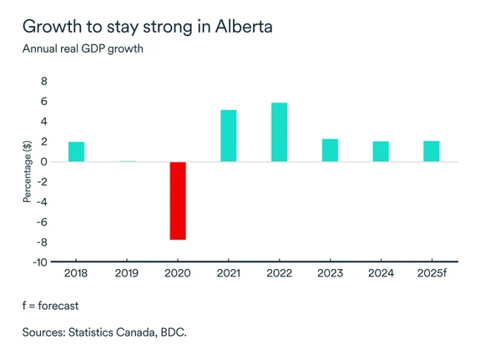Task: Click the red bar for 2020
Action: (178, 200)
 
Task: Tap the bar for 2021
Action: (229, 135)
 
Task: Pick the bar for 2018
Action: (76, 151)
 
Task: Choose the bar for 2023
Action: (330, 150)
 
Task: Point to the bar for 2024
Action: (381, 151)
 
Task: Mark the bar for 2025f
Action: (431, 151)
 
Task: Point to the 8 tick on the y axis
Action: (43, 82)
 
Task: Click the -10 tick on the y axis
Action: (39, 262)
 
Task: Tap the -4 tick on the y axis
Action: (41, 202)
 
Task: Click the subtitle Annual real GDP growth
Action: (84, 48)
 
